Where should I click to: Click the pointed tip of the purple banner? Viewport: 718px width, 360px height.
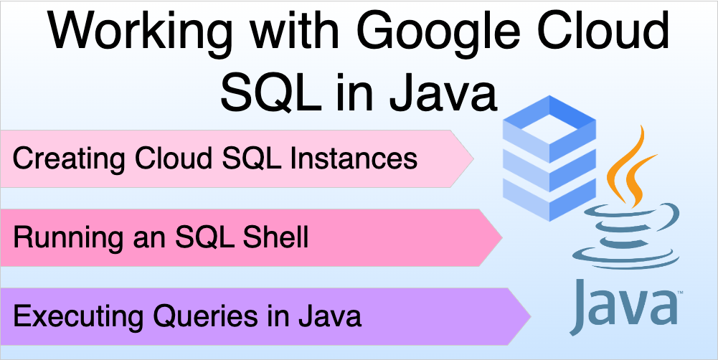pyautogui.click(x=528, y=316)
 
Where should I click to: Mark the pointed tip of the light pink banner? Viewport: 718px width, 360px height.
pyautogui.click(x=471, y=158)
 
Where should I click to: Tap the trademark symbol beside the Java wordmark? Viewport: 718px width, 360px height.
pyautogui.click(x=678, y=294)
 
